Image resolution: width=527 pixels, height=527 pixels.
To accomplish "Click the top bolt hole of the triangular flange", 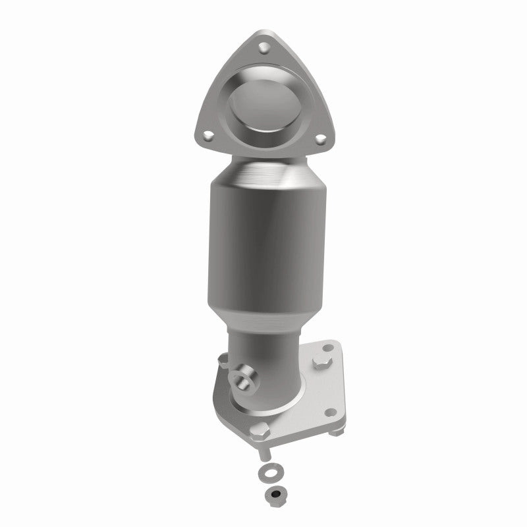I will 263,47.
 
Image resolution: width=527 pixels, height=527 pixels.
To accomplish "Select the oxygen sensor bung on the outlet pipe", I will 244,379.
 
